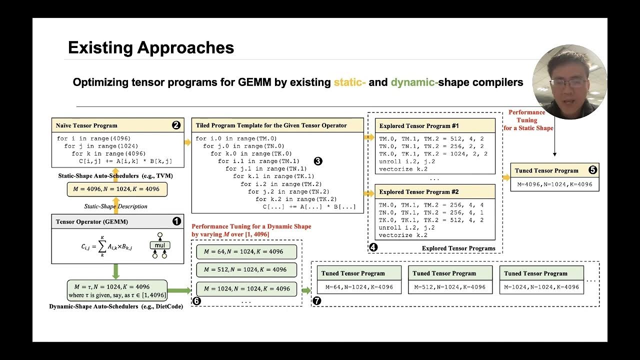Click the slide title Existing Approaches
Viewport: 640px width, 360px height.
[x=151, y=48]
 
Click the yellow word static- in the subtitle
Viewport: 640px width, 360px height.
[x=349, y=82]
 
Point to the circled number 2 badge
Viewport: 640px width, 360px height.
[x=176, y=125]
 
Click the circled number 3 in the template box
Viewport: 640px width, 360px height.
[x=318, y=161]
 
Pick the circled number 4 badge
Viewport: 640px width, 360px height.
[x=373, y=247]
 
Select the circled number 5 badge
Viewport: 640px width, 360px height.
[x=592, y=170]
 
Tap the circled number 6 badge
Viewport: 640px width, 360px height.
[x=196, y=301]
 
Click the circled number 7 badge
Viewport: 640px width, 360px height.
[x=317, y=301]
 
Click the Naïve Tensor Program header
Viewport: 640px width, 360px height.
[x=86, y=125]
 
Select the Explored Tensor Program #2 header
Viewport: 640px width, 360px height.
[x=419, y=192]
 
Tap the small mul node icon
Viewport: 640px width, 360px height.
[x=159, y=245]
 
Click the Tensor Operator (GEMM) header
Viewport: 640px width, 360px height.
[x=91, y=221]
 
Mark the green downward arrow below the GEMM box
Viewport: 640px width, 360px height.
[x=116, y=272]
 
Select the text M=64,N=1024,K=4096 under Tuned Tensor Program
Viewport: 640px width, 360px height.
[x=359, y=287]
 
